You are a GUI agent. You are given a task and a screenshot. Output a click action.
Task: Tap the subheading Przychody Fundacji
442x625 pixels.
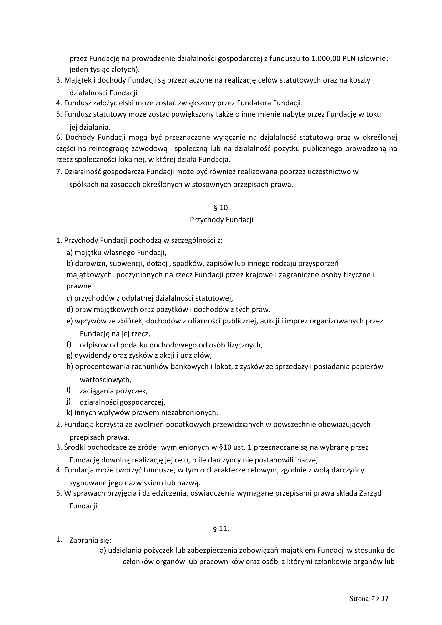click(221, 220)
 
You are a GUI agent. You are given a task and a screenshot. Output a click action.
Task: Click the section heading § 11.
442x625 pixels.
click(221, 529)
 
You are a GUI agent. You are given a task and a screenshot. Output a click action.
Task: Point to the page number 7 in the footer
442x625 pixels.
click(372, 599)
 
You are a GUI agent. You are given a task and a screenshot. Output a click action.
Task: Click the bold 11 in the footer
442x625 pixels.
click(385, 599)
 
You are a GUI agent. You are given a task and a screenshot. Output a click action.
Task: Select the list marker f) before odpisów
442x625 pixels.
click(69, 344)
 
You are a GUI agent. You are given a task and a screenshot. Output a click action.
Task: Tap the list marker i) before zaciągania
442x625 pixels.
click(68, 390)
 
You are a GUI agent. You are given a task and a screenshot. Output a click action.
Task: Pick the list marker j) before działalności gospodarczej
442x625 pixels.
click(68, 401)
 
